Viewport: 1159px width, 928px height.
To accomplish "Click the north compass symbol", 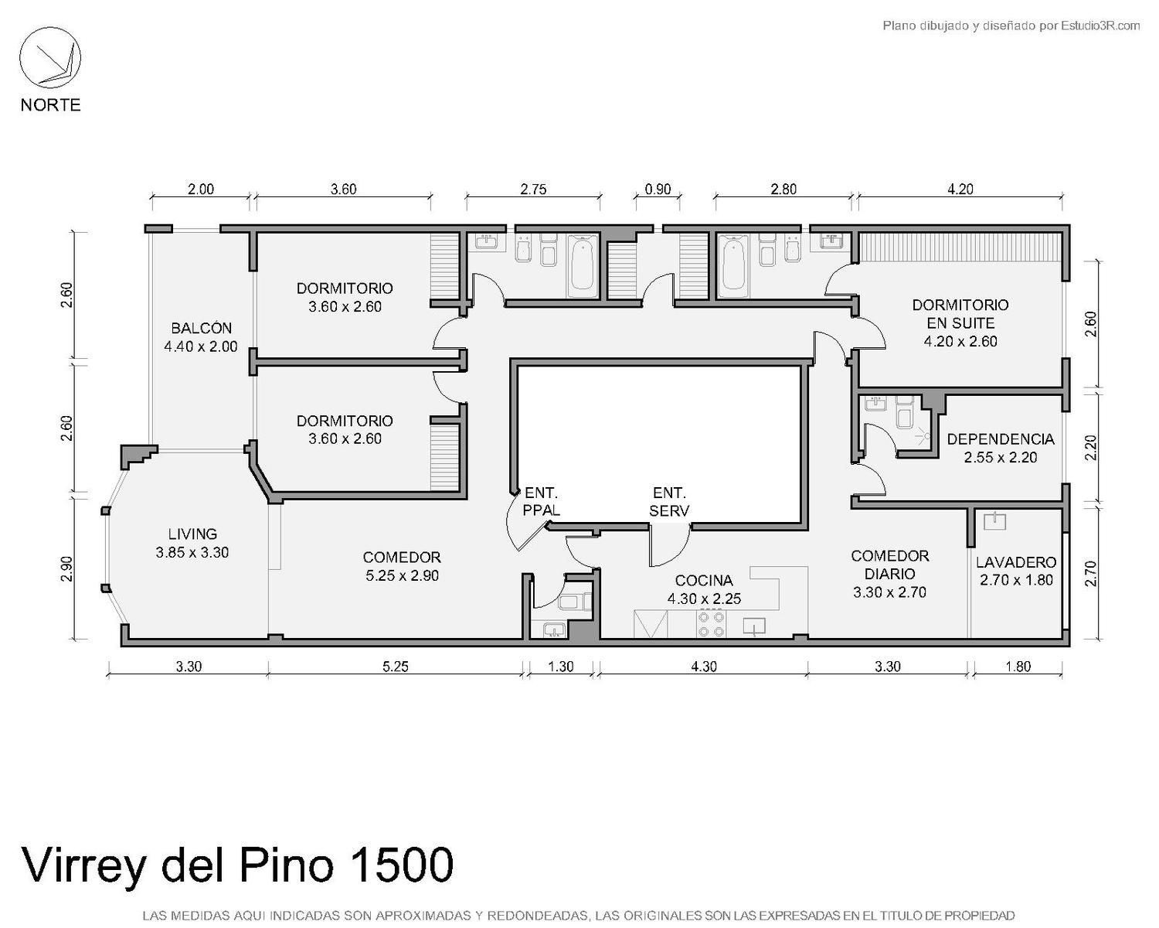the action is click(50, 58).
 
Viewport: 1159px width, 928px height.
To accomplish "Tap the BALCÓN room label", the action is click(201, 337).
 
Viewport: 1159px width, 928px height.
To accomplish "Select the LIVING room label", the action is click(192, 543).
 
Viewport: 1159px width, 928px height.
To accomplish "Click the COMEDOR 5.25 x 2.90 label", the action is click(402, 566).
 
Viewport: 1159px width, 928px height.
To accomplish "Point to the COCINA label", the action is click(704, 589).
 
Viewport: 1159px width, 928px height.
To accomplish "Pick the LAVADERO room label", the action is click(1016, 571).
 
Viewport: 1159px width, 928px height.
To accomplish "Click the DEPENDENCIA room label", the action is click(1001, 448).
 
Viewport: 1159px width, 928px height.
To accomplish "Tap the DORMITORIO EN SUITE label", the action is click(960, 323).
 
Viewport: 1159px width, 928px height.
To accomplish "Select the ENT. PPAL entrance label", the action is click(542, 501).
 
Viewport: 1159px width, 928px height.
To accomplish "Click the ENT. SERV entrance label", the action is click(669, 501).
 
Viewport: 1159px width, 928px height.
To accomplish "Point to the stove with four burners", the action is click(710, 624).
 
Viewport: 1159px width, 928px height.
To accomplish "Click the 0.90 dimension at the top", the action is click(658, 189).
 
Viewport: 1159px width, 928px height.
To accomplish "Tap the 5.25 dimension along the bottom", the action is click(396, 667).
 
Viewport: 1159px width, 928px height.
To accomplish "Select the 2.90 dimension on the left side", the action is click(66, 569).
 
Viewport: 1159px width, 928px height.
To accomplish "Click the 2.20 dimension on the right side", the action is click(1090, 448).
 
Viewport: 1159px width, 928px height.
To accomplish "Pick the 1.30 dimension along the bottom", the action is click(561, 667).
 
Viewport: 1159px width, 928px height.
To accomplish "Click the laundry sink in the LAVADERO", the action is click(994, 521).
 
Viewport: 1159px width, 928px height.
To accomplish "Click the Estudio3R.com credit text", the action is click(1100, 26).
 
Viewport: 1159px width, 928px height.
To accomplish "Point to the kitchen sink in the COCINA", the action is click(754, 626).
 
